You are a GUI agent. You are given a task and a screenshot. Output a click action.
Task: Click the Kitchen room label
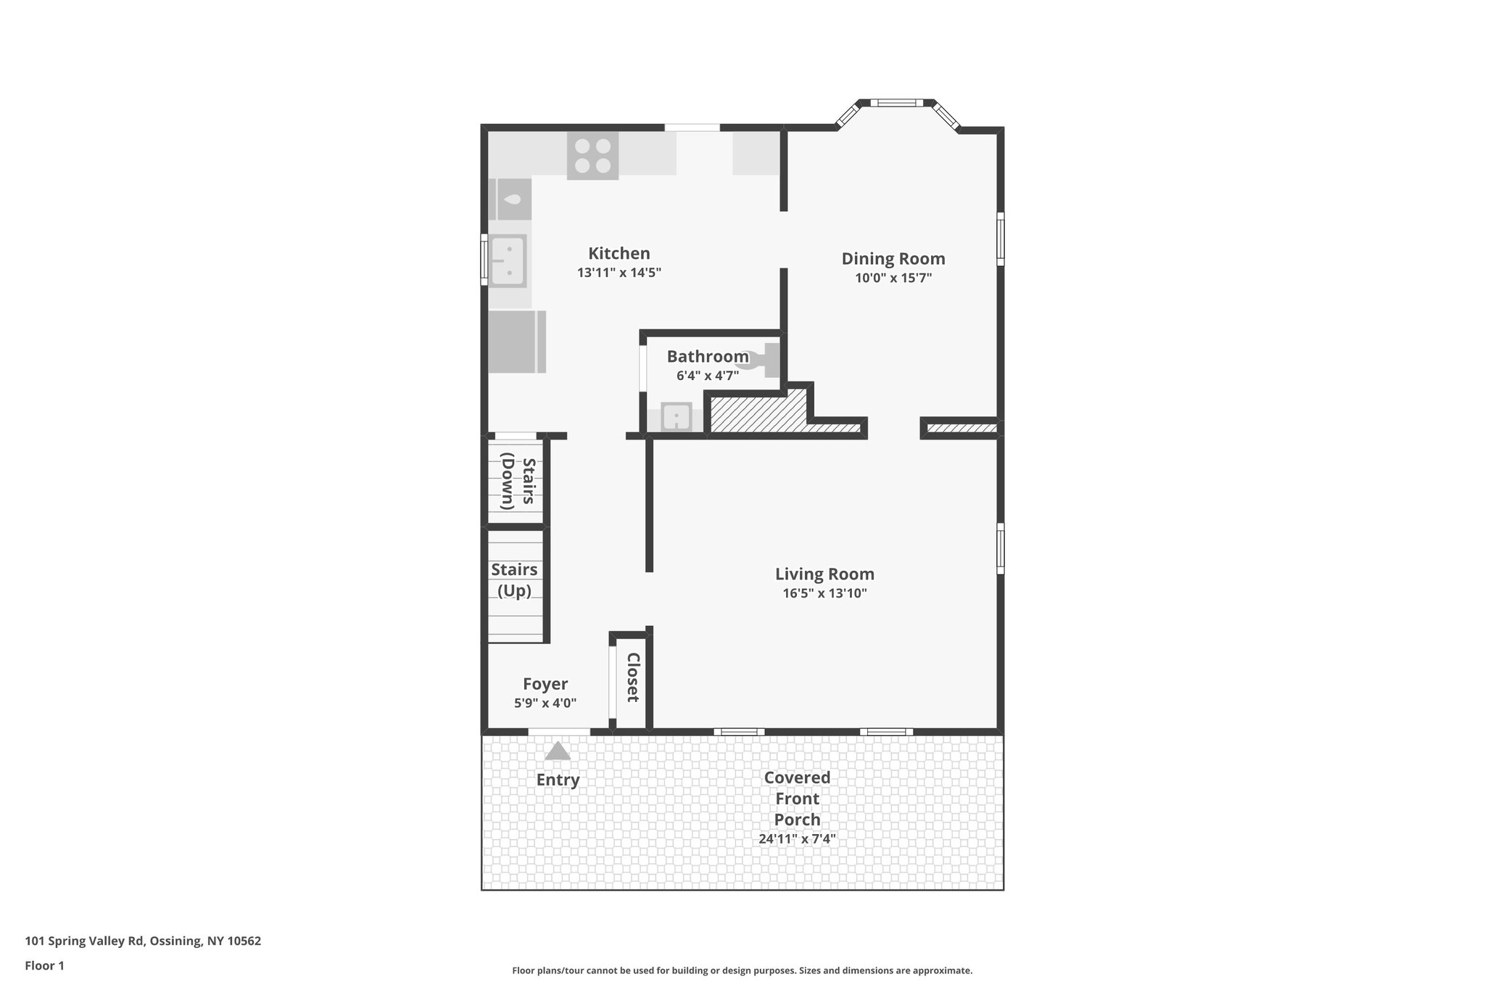pos(619,253)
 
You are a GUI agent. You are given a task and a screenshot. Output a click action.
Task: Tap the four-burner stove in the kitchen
pos(592,156)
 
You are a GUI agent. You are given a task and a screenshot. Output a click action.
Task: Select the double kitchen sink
pos(508,262)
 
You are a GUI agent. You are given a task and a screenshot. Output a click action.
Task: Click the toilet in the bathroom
pos(761,358)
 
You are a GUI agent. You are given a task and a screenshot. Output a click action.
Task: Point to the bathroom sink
pos(676,418)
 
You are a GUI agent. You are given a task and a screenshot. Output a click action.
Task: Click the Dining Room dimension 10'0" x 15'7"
pos(893,278)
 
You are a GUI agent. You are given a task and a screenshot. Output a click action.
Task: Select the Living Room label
pos(824,574)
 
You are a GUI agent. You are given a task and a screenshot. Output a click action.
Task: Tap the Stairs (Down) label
pos(518,482)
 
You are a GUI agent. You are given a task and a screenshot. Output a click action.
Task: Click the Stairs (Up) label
pos(514,580)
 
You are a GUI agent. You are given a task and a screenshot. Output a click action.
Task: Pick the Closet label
pos(632,677)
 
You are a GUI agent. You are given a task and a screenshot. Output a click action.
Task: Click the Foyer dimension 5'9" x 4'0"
pos(545,703)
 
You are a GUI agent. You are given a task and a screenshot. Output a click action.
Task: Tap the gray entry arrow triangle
pos(557,751)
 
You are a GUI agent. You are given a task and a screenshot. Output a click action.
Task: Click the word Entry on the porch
pos(558,780)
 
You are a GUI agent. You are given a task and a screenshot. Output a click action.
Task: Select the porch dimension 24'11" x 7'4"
pos(797,839)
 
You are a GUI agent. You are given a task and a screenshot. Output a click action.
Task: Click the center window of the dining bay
pos(896,103)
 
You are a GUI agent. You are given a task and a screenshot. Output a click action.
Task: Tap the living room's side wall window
pos(1000,548)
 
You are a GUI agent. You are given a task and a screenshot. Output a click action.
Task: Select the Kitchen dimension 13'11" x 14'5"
pos(619,273)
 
